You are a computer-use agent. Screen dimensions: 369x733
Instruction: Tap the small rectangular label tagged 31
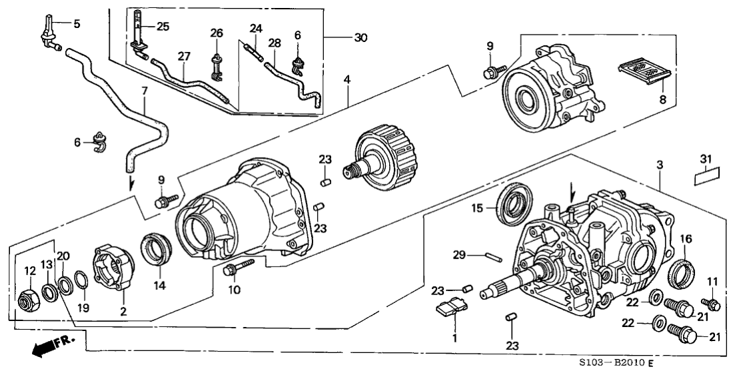pos(706,177)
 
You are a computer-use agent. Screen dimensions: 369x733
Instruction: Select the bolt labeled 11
pos(712,305)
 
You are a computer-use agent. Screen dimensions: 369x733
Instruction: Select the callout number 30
pos(360,38)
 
